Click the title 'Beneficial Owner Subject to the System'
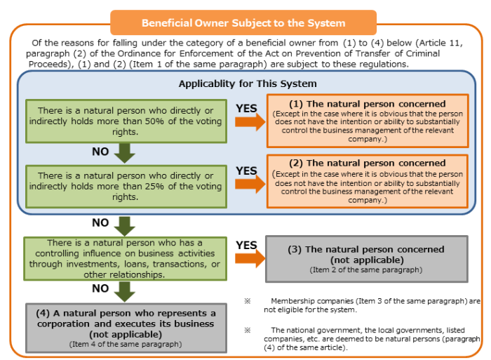point(243,23)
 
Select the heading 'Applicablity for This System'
point(248,84)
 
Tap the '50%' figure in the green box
point(154,121)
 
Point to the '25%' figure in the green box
point(154,187)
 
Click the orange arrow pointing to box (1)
point(250,122)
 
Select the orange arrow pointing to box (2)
point(250,184)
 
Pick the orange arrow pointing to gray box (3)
point(250,258)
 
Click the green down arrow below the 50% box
point(125,153)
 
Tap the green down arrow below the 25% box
point(125,226)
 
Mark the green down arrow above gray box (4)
point(125,292)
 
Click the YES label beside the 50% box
point(246,108)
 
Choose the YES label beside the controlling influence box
point(246,246)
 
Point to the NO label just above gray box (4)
point(100,288)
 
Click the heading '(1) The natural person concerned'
point(368,104)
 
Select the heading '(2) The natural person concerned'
point(368,163)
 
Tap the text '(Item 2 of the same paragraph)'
point(366,269)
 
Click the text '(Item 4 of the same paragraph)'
point(126,344)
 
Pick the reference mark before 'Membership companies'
point(248,301)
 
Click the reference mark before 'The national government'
point(248,331)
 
